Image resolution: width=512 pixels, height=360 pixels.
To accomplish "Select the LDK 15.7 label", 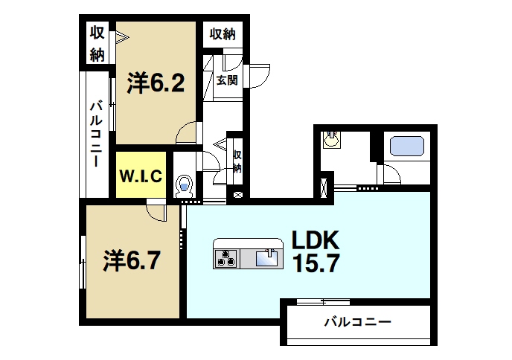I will [x=315, y=251].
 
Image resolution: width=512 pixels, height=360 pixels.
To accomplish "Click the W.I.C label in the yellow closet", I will [x=141, y=176].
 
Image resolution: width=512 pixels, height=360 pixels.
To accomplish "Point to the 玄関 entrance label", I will [x=227, y=80].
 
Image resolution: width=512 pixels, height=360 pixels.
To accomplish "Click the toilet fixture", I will [x=184, y=184].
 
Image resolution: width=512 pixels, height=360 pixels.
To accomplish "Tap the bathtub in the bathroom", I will [x=405, y=145].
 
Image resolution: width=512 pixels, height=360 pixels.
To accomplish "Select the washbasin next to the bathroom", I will [x=332, y=139].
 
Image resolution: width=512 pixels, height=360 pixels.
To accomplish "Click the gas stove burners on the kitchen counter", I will [x=225, y=258].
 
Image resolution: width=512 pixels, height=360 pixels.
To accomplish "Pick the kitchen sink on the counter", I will [x=266, y=258].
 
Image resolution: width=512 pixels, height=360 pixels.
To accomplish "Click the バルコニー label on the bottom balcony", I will [x=356, y=323].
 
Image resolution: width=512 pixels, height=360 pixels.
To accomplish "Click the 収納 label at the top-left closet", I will [x=97, y=42].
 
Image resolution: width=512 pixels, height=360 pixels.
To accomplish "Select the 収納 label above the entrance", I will [x=223, y=33].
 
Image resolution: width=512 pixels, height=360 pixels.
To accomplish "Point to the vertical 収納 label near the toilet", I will [x=237, y=161].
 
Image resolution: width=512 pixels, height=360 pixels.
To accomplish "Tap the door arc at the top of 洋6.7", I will [x=156, y=213].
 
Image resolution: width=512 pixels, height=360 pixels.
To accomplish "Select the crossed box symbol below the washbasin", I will [x=325, y=186].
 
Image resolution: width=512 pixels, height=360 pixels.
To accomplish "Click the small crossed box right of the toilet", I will [x=237, y=195].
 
